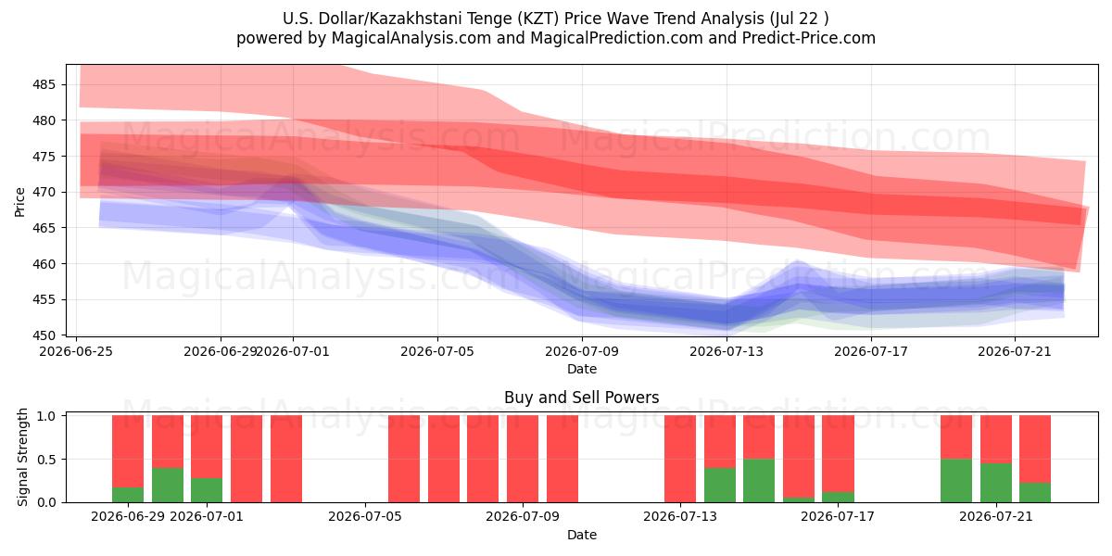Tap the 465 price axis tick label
coord(42,228)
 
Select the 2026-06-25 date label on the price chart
coord(76,351)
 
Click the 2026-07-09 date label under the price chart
coord(582,351)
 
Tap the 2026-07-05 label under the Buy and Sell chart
coord(365,516)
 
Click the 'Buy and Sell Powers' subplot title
coord(581,398)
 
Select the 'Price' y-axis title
coord(19,202)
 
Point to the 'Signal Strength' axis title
coord(22,457)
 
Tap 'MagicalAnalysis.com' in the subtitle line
coord(411,38)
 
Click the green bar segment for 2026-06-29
coord(128,495)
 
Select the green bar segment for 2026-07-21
coord(996,483)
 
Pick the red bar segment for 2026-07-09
coord(523,459)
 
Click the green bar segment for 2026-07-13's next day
coord(720,485)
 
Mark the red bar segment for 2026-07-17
coord(838,453)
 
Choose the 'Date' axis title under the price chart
coord(582,369)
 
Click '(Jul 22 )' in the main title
coord(799,19)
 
